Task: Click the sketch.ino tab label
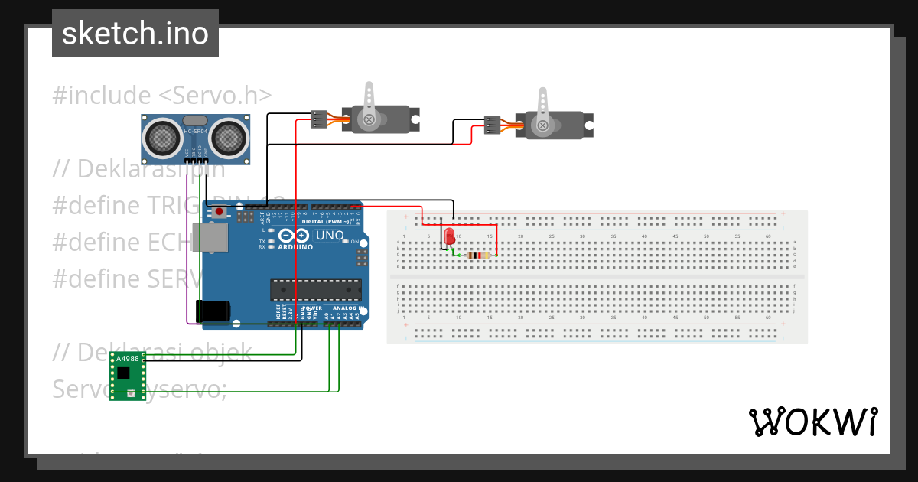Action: click(135, 34)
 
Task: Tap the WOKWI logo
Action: click(812, 422)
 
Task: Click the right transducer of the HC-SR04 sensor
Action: click(229, 138)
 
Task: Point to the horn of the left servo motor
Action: click(369, 106)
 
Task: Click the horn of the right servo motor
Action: click(542, 111)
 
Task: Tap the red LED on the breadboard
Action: click(449, 236)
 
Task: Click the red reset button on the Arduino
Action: click(220, 212)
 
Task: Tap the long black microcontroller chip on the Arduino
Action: click(315, 290)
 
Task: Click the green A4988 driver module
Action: click(127, 375)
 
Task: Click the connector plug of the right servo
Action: click(493, 125)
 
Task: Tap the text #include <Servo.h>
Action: click(162, 96)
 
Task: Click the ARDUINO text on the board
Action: click(295, 247)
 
